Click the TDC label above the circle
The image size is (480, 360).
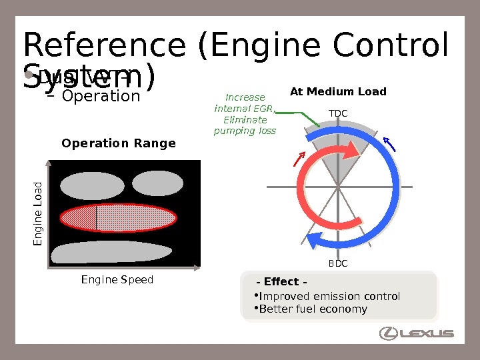(338, 114)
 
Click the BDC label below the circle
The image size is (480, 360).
(338, 264)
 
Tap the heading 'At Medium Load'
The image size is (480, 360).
(338, 92)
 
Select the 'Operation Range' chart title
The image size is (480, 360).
(119, 143)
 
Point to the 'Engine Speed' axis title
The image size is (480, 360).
(117, 280)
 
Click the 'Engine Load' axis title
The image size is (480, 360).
(38, 213)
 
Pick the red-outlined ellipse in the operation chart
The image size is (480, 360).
(119, 218)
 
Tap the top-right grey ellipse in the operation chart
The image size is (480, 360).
(157, 183)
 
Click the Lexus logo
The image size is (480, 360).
(416, 333)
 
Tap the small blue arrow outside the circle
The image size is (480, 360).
(390, 145)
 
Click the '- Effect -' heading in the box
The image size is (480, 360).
(281, 282)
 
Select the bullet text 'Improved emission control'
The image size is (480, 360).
(329, 296)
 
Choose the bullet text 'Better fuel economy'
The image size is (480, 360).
(313, 309)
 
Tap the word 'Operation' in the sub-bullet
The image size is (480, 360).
(101, 96)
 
